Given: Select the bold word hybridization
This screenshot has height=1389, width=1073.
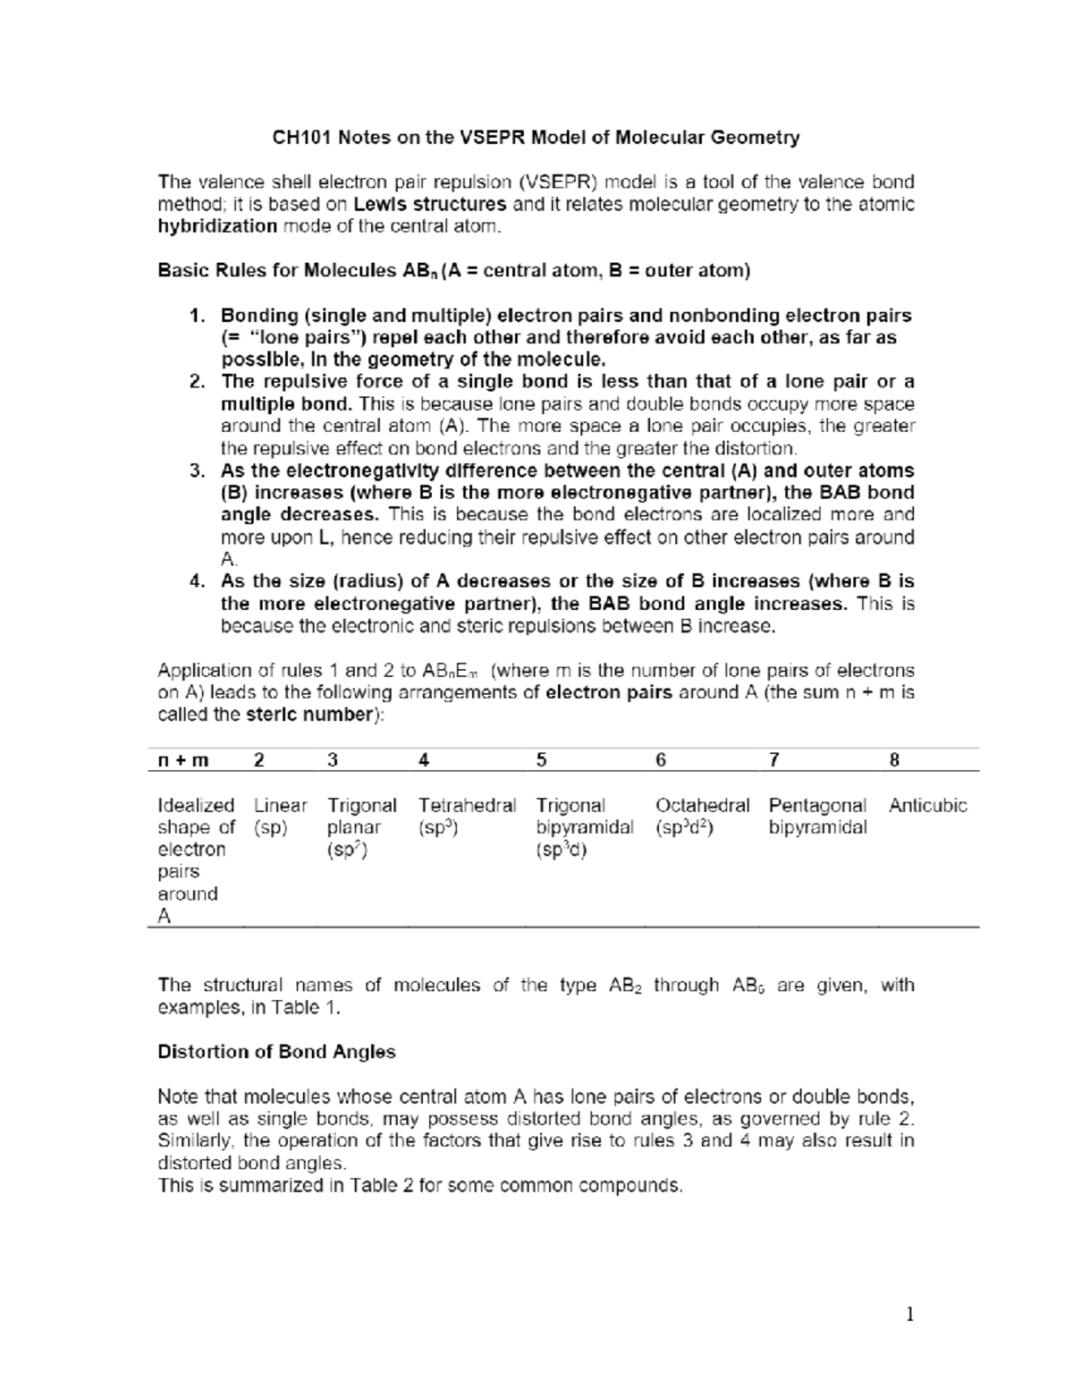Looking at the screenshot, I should (x=217, y=226).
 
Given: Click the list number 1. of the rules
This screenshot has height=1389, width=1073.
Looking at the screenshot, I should (x=198, y=316).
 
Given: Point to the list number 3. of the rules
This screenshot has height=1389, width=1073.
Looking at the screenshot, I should (x=198, y=471).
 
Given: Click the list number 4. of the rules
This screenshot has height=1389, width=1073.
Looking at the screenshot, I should (x=198, y=582).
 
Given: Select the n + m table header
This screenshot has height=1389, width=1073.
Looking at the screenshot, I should (x=182, y=760).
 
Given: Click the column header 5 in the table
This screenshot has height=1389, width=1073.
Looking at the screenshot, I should (x=541, y=760).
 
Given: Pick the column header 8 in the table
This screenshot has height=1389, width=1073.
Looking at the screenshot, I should (x=894, y=760).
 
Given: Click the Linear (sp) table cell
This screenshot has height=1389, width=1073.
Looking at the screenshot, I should (x=280, y=816).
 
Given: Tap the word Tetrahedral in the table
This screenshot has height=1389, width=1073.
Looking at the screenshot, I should (x=467, y=805).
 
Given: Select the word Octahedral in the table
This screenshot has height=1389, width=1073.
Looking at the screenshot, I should (x=702, y=805).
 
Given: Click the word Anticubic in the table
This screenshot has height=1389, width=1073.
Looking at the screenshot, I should (x=927, y=805).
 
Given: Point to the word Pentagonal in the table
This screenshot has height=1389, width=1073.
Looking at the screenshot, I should (x=817, y=805).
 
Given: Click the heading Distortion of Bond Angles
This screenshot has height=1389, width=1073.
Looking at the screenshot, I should (x=276, y=1052).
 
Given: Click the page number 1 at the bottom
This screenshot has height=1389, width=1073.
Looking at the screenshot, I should (x=909, y=1315).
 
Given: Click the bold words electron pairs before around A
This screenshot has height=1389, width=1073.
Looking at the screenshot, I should (x=608, y=693).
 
